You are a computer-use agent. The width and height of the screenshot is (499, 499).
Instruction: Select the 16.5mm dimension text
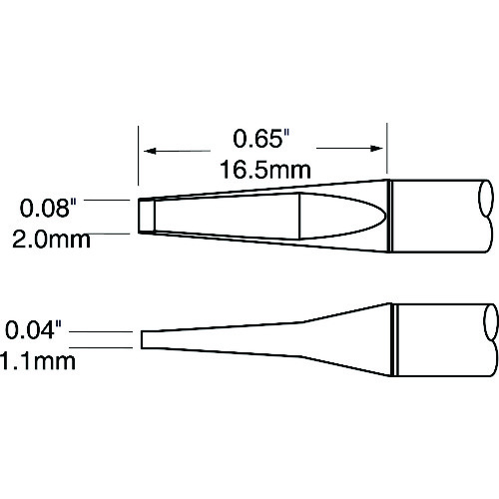click(265, 170)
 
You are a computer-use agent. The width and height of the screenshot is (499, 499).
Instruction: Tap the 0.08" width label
click(48, 208)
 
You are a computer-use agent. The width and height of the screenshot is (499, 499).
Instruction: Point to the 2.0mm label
click(51, 240)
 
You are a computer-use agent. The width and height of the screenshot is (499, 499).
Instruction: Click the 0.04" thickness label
click(34, 329)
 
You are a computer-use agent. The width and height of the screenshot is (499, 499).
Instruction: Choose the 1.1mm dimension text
click(37, 361)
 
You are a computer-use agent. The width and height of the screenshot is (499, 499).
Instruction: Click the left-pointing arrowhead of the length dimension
click(151, 152)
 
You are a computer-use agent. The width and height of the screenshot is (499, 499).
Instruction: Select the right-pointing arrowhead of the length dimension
click(377, 149)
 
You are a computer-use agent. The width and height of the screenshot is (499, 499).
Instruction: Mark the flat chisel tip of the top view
click(147, 216)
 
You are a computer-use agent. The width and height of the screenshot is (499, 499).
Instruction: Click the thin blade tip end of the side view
click(142, 339)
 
